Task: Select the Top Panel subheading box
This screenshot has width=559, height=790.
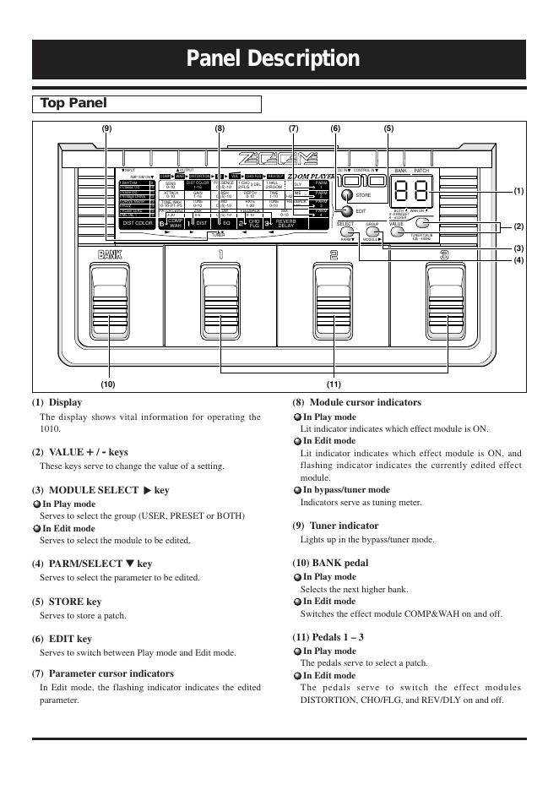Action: (146, 104)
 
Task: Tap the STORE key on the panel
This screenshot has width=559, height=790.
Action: (346, 194)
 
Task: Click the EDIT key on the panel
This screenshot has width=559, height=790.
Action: (345, 211)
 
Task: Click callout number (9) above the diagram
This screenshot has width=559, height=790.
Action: (106, 128)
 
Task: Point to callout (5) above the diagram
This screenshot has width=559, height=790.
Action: (388, 128)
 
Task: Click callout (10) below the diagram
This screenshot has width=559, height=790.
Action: (106, 384)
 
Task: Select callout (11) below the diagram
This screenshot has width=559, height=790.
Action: (334, 384)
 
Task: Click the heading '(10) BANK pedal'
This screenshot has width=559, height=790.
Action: (330, 562)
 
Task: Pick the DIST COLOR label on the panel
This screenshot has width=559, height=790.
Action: (138, 223)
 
